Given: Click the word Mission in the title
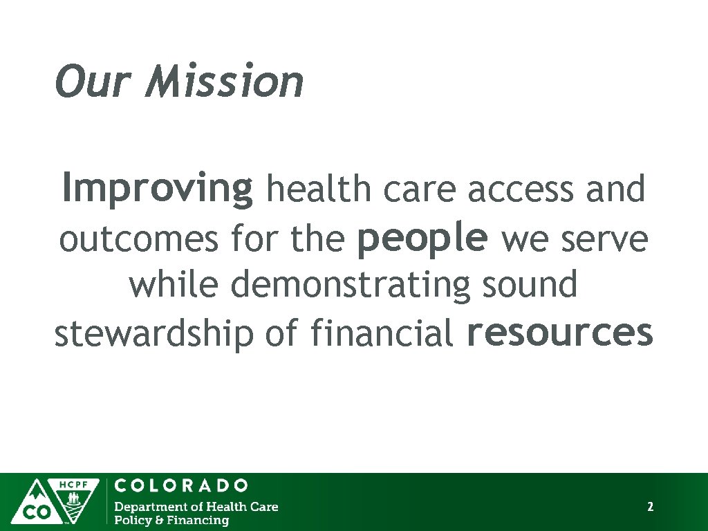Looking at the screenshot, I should pyautogui.click(x=225, y=82).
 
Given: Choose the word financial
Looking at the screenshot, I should pyautogui.click(x=381, y=333).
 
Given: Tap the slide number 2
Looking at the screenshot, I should pyautogui.click(x=650, y=507).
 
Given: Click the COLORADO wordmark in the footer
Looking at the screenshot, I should pyautogui.click(x=180, y=485).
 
